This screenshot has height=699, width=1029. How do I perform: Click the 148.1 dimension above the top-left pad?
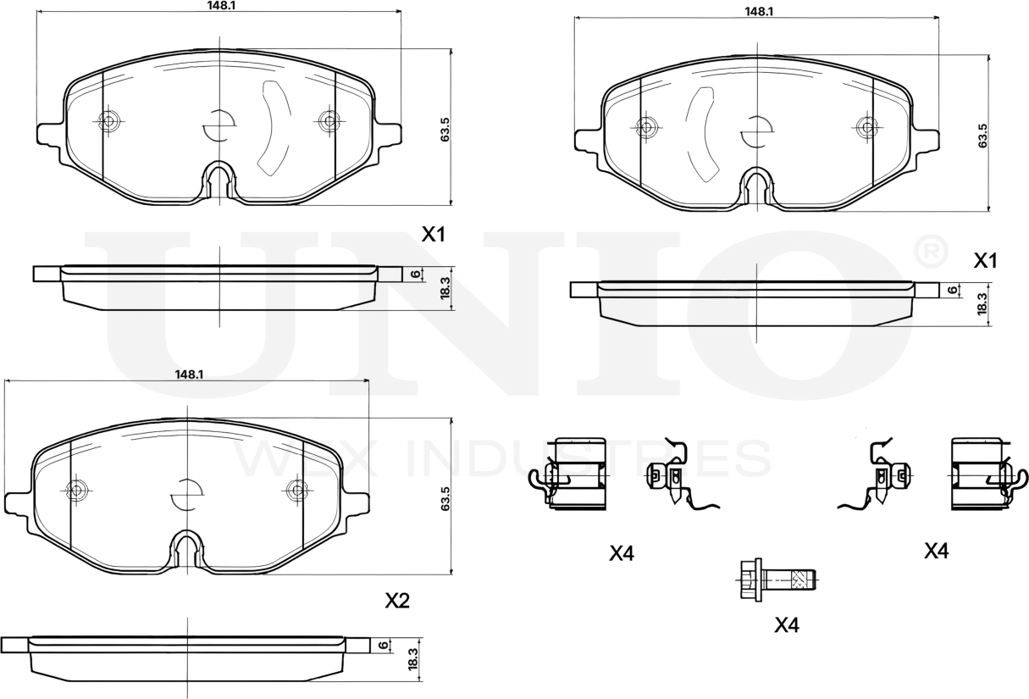pyautogui.click(x=219, y=5)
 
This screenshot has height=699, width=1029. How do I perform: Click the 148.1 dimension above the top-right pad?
pyautogui.click(x=756, y=11)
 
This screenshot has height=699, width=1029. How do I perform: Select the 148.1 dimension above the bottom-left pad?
pyautogui.click(x=187, y=374)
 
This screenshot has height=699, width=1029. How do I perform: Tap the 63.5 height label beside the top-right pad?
pyautogui.click(x=982, y=135)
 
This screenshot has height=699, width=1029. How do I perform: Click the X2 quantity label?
pyautogui.click(x=397, y=601)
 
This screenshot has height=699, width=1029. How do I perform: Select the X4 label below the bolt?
pyautogui.click(x=787, y=625)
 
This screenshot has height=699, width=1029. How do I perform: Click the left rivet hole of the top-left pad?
pyautogui.click(x=107, y=120)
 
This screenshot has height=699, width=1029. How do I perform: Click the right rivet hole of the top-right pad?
pyautogui.click(x=866, y=127)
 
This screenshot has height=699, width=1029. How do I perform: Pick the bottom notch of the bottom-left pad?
pyautogui.click(x=186, y=549)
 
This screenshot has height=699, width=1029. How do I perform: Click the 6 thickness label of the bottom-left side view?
pyautogui.click(x=384, y=646)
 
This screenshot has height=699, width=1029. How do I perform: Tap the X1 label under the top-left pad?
pyautogui.click(x=434, y=235)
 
